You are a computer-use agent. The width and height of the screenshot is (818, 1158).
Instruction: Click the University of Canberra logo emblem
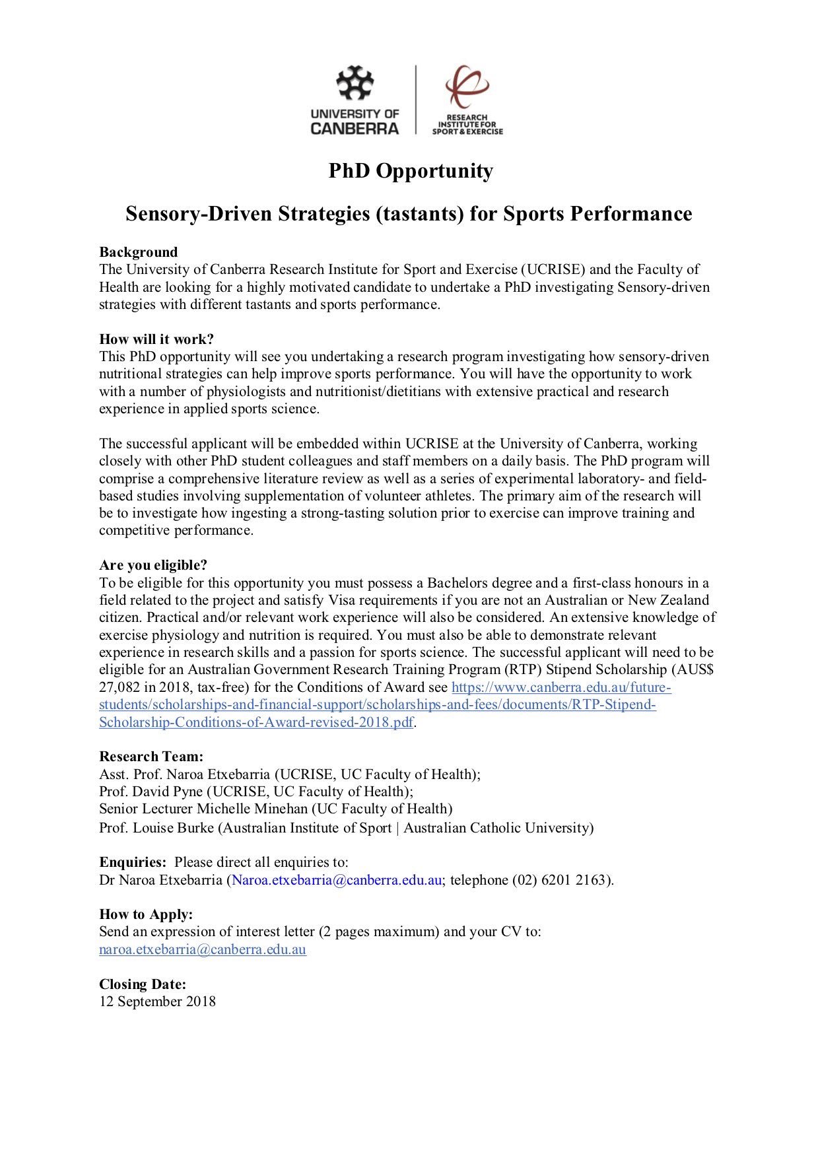coord(355,83)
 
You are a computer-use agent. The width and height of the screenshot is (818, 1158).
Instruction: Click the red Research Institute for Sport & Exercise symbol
coord(467,86)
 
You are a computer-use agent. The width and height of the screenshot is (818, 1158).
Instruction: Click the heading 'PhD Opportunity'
coord(411,171)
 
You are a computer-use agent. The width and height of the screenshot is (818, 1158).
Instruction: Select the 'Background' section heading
coord(139,252)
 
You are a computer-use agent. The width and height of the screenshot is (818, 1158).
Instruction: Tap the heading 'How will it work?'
coord(156,339)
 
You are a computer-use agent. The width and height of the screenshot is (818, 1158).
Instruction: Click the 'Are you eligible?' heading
coord(153,565)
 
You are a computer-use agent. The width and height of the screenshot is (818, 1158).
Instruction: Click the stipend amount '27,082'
coord(118,687)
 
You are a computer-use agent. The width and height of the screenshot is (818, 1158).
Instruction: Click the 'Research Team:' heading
coord(151,757)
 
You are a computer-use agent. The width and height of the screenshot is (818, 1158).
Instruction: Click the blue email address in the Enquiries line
coord(337,880)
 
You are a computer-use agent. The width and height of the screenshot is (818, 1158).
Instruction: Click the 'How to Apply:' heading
coord(146,914)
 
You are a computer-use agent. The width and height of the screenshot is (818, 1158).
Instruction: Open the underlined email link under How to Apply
coord(203,950)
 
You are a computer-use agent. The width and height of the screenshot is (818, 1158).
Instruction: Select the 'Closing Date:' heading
coord(143,984)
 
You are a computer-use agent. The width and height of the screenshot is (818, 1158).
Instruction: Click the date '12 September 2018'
coord(157,1002)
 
